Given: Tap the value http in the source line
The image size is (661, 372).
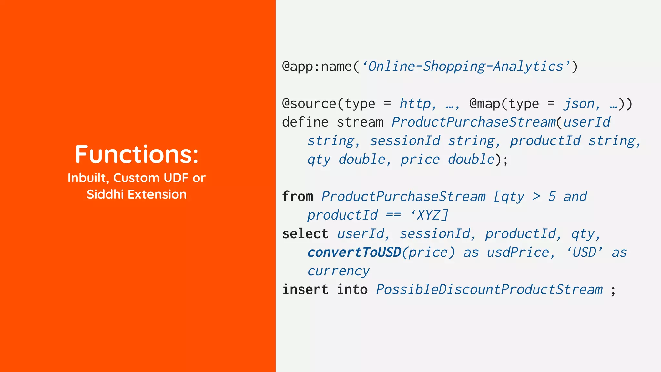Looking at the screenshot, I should (415, 104).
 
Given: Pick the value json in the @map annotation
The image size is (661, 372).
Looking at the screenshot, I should (579, 104).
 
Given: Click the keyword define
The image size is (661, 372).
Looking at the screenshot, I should (305, 122).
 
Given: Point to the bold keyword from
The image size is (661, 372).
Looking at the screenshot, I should (298, 197).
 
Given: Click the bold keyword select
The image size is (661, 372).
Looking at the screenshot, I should (305, 234).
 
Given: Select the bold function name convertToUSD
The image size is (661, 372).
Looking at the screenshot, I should (354, 253).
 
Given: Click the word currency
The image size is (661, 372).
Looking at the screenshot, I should (338, 271).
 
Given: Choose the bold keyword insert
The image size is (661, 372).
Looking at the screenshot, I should (305, 290).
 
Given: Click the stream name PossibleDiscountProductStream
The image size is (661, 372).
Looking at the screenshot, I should (489, 290).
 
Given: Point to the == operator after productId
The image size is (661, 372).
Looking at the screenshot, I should (393, 215).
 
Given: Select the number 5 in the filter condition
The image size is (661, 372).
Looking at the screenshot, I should (552, 197).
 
